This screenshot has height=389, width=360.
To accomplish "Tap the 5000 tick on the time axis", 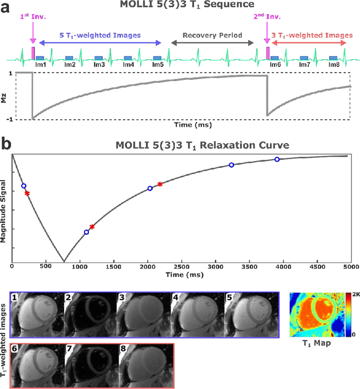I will point(350,266).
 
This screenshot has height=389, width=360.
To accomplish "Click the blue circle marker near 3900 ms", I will point(277,159).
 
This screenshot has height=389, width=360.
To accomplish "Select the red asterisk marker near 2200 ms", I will point(160,184).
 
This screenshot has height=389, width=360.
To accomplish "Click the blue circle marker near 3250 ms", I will point(231,165).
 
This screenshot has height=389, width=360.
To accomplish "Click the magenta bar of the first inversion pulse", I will point(33,53).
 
